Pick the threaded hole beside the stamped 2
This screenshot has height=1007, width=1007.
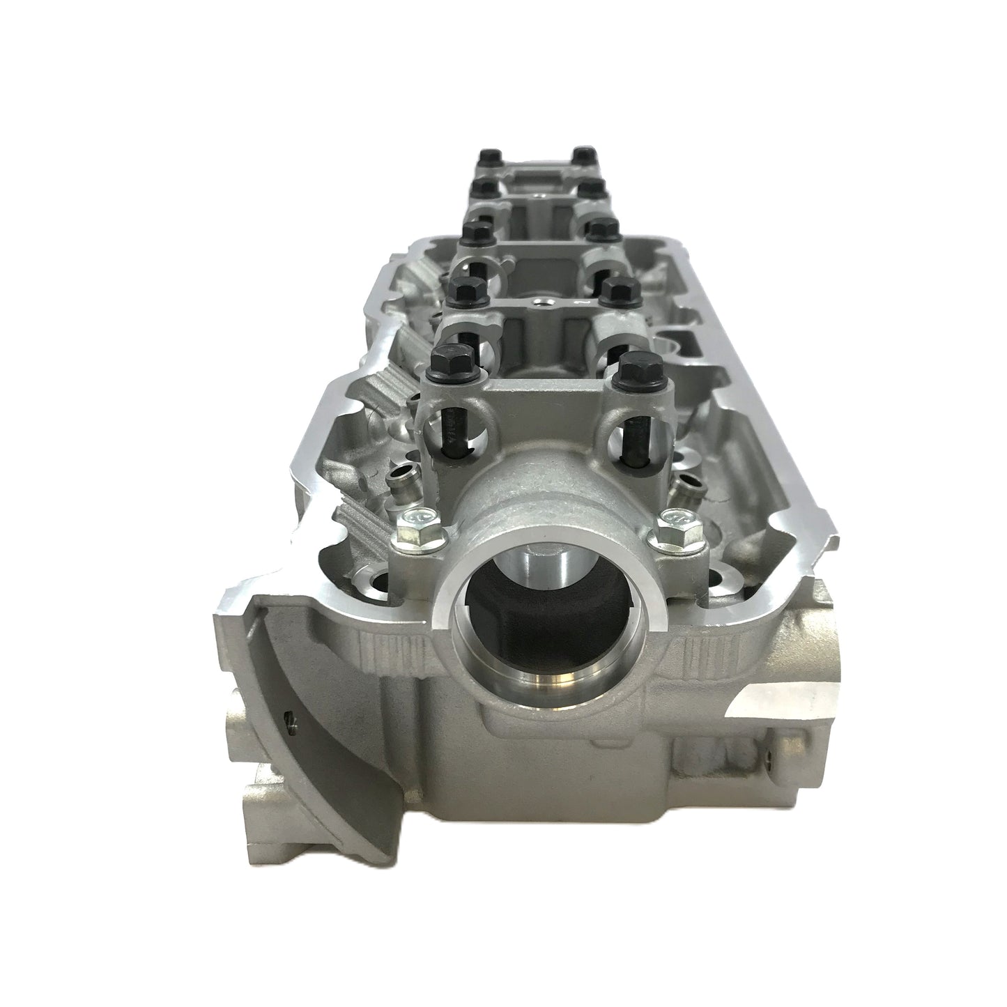click(543, 302)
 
